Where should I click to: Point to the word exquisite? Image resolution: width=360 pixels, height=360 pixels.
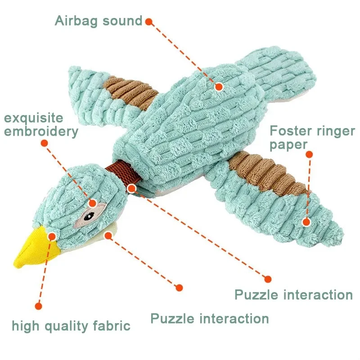[x=34, y=118]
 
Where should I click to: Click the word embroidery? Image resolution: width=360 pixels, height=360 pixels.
[x=41, y=132]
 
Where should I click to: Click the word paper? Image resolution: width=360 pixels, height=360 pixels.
[x=288, y=145]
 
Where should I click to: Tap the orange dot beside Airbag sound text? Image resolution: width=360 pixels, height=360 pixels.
[x=149, y=21]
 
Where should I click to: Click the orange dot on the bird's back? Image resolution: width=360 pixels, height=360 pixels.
[x=219, y=87]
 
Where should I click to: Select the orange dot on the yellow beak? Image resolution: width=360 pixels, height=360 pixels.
[x=52, y=236]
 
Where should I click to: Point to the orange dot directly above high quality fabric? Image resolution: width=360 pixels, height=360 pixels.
[x=38, y=306]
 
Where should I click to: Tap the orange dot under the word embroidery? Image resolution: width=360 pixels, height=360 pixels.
[x=44, y=143]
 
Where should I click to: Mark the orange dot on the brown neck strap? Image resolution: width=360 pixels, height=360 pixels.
[x=131, y=188]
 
